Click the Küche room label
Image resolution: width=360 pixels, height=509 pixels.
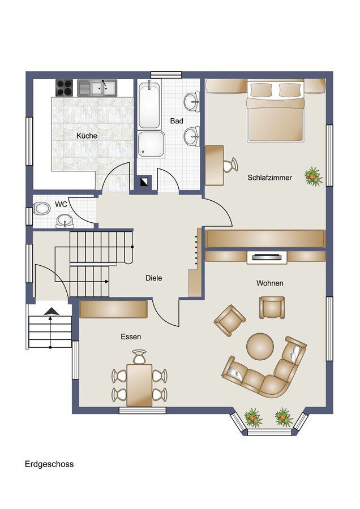tap(87, 136)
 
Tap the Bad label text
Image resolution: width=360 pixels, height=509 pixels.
tap(177, 121)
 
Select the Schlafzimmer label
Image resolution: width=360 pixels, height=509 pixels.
tap(269, 178)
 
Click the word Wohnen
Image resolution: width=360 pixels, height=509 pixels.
tap(269, 283)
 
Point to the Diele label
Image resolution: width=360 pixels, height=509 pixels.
tap(153, 278)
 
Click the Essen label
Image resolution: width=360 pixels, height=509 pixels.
tap(131, 337)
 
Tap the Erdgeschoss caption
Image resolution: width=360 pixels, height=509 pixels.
tap(49, 464)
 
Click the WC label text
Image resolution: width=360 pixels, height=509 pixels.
tap(61, 204)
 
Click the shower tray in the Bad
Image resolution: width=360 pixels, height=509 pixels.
tap(151, 146)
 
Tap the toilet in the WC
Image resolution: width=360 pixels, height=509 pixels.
tap(41, 209)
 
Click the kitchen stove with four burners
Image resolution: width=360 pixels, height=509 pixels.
tap(65, 88)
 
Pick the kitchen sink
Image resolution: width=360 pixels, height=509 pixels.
tap(97, 88)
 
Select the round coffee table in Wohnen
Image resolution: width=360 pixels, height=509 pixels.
tap(260, 345)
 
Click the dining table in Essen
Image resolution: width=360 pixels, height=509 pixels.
tap(139, 385)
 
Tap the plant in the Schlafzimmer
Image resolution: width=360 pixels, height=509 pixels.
tap(312, 176)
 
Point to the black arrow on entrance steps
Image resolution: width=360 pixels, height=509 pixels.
tap(51, 311)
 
